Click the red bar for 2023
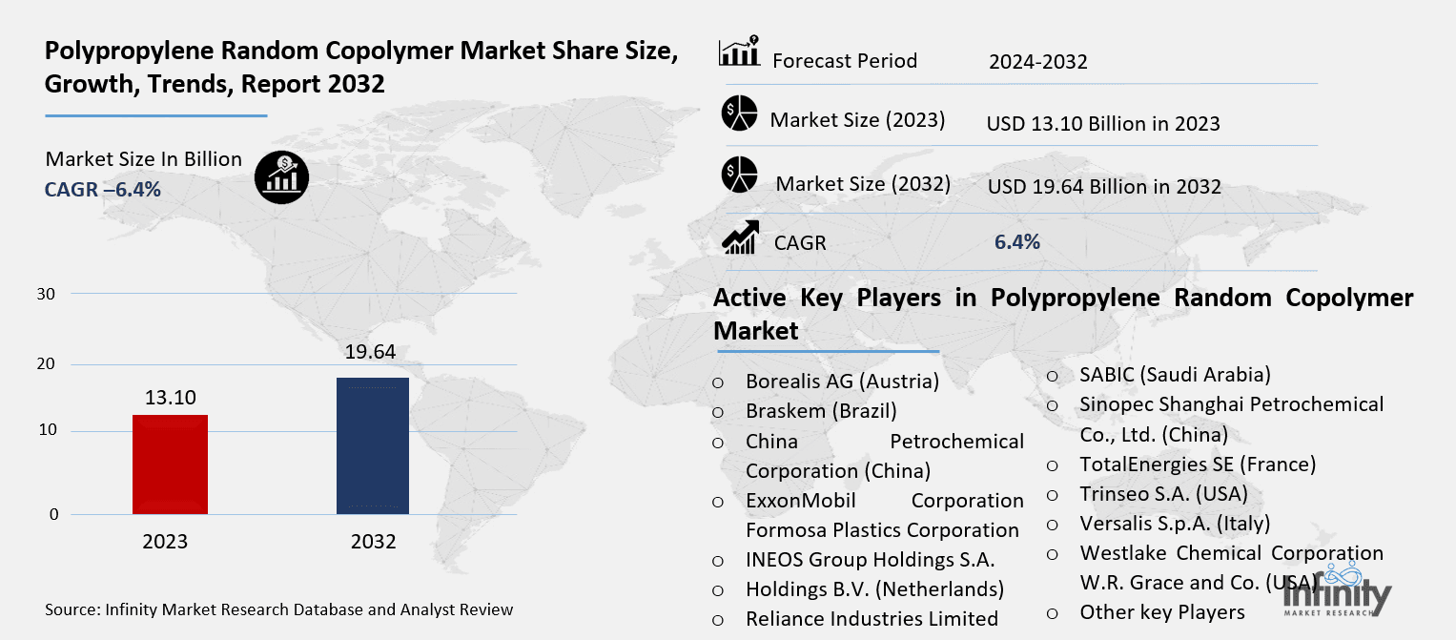[171, 465]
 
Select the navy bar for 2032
[373, 445]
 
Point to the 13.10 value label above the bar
[171, 397]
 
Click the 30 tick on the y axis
[46, 294]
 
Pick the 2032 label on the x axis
[373, 542]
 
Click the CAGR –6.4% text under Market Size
[103, 189]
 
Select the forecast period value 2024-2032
[1037, 63]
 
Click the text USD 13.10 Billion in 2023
[1103, 124]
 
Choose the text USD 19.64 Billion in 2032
[1103, 187]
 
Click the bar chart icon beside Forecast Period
[739, 52]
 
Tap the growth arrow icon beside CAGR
[740, 238]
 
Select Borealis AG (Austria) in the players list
[842, 382]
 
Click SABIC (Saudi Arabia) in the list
[1175, 375]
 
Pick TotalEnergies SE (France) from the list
[1198, 465]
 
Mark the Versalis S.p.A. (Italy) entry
[1175, 524]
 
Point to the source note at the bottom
[278, 609]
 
